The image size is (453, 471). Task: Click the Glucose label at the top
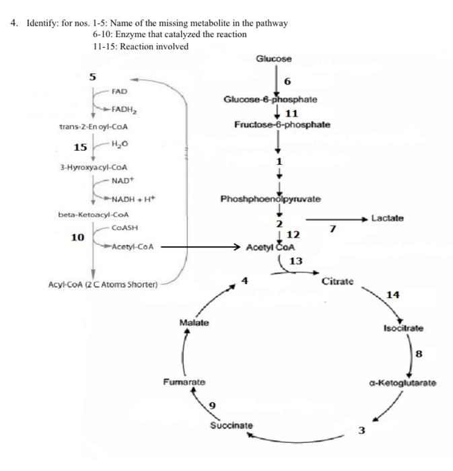coord(274,59)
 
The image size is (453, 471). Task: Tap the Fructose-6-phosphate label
coord(282,124)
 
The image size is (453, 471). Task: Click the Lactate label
coord(389,219)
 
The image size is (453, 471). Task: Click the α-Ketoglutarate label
coord(403,383)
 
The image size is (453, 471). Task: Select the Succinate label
coord(232,425)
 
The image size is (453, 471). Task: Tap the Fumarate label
coord(184,382)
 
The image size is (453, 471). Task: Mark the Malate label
coord(195,322)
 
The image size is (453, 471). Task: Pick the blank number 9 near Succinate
coord(212,405)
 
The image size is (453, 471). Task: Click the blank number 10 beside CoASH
coord(77,237)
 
